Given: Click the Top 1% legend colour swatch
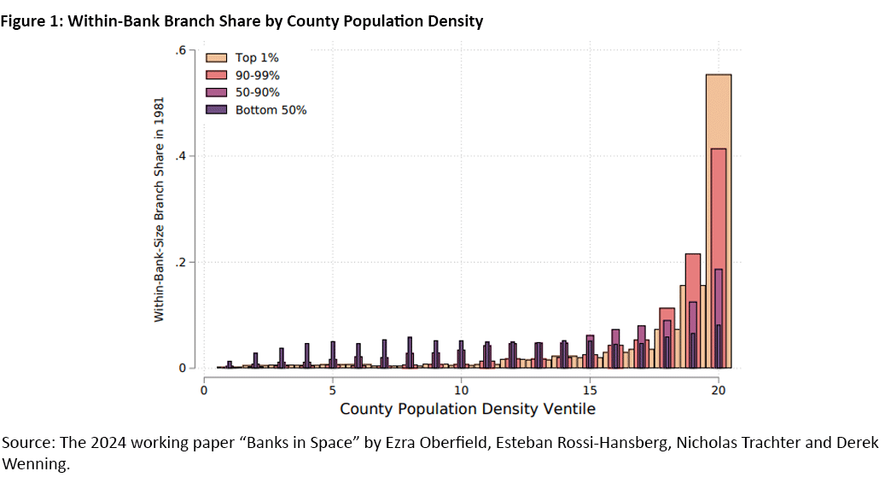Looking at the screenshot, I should coord(217,58).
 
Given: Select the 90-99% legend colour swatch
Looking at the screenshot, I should coord(217,75).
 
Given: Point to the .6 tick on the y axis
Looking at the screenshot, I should coord(181,50).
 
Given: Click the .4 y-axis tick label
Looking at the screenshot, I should coord(181,156).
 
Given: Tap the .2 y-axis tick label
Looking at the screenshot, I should coord(181,262).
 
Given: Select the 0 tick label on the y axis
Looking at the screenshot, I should coord(182,369).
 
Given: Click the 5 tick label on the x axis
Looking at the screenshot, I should coord(332,389).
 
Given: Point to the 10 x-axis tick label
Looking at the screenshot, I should coord(461,389).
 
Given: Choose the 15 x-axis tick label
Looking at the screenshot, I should coord(590,389).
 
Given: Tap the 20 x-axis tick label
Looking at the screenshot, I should coord(719,389).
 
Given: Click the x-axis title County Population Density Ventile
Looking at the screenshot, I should coord(467,409).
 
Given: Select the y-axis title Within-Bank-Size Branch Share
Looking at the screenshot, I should coord(159,208).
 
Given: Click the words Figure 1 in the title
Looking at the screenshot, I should coord(32,21).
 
